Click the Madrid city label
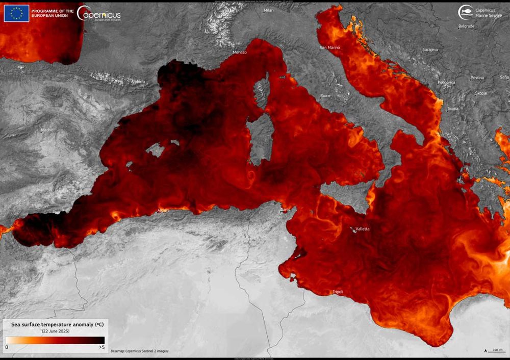tap(47, 130)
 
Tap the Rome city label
tap(325, 96)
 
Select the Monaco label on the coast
tap(240, 53)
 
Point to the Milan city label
tap(269, 10)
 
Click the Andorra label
tap(138, 82)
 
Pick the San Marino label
tap(330, 48)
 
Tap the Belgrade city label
tap(466, 26)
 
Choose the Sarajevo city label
tap(430, 50)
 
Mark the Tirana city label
tap(452, 109)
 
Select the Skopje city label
tap(481, 94)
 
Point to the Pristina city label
tap(477, 78)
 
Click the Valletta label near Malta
tap(363, 229)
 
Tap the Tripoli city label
tap(338, 292)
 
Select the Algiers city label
tap(164, 210)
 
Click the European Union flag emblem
tap(17, 13)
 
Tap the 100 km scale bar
tap(495, 350)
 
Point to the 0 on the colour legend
tap(7, 347)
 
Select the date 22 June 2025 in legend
tap(56, 331)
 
